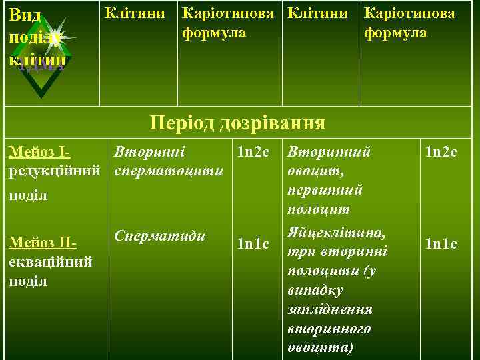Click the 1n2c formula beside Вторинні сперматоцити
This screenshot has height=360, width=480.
[x=251, y=153]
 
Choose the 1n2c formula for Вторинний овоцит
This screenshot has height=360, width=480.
[x=441, y=153]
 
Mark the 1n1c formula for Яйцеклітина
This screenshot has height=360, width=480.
[x=441, y=245]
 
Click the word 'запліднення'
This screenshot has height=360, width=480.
[x=329, y=310]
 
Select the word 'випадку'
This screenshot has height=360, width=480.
[x=315, y=291]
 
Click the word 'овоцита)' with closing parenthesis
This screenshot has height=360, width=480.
[x=321, y=348]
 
